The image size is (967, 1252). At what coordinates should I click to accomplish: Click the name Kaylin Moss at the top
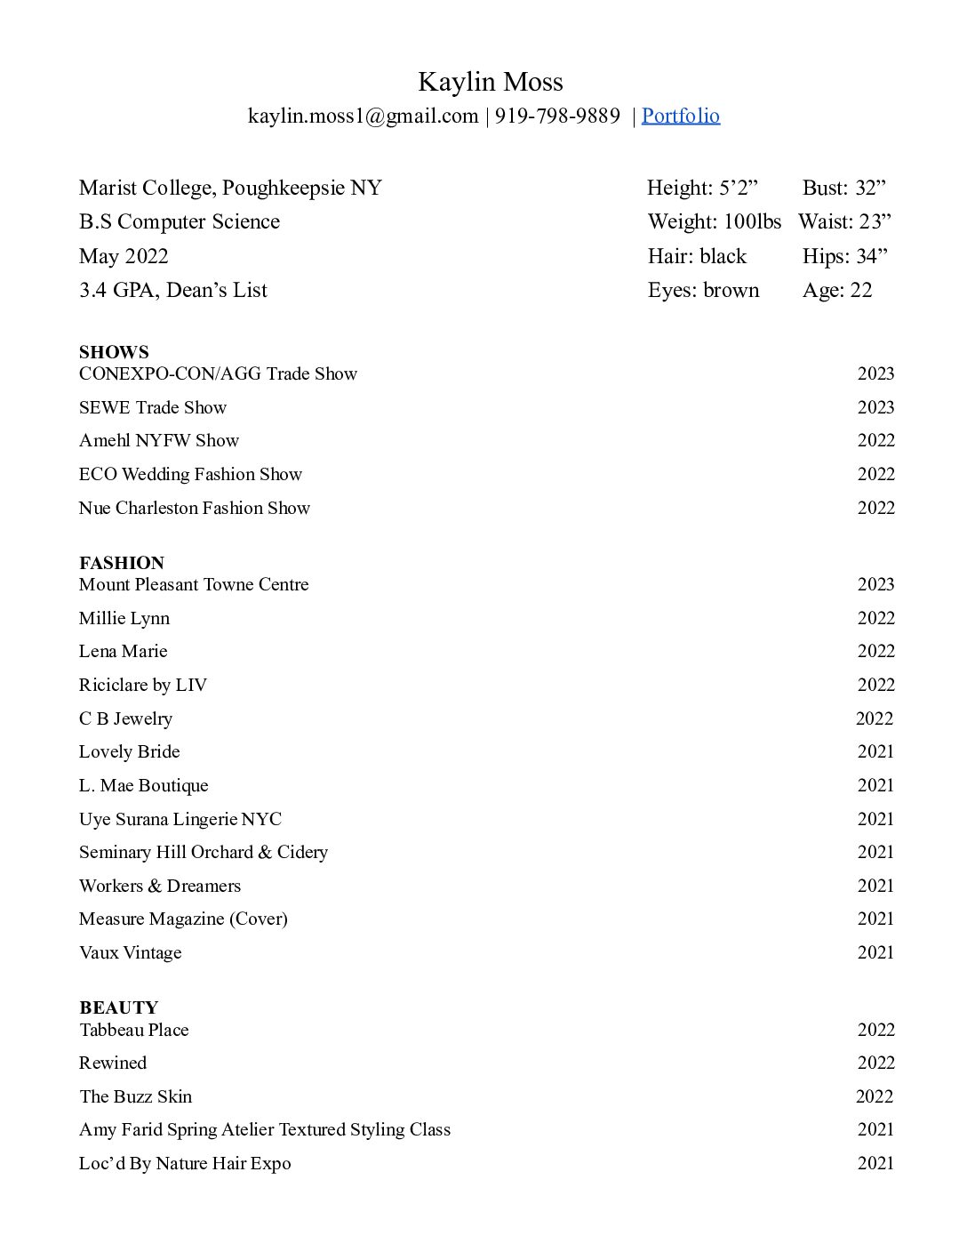point(490,82)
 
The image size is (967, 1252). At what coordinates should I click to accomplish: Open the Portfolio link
point(680,116)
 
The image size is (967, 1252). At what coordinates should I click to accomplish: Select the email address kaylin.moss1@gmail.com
point(363,116)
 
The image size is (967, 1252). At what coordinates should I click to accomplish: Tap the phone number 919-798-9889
point(557,116)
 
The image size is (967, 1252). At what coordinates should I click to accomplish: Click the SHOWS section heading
point(114,352)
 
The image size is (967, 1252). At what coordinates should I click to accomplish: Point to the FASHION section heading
point(121,563)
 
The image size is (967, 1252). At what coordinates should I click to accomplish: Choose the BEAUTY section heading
point(118,1007)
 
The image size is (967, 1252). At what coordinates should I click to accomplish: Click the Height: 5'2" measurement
point(702,188)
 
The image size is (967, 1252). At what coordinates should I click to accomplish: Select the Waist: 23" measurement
point(844,221)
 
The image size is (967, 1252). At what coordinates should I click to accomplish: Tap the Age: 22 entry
point(837,290)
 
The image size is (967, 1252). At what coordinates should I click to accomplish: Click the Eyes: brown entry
point(703,290)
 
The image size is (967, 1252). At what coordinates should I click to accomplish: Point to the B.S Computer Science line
point(179,221)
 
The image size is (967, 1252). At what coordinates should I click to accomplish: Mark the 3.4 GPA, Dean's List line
point(172,290)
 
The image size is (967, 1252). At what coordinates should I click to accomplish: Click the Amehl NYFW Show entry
point(158,440)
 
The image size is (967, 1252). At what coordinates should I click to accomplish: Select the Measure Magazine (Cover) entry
point(183,919)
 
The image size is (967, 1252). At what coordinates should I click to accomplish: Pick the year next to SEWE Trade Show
point(875,407)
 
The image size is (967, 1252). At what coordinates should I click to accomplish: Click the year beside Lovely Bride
point(875,751)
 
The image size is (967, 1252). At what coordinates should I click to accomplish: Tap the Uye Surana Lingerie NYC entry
point(180,819)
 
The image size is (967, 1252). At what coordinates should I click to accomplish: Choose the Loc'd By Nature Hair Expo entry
point(185,1163)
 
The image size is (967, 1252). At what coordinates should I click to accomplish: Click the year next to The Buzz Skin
point(875,1096)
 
